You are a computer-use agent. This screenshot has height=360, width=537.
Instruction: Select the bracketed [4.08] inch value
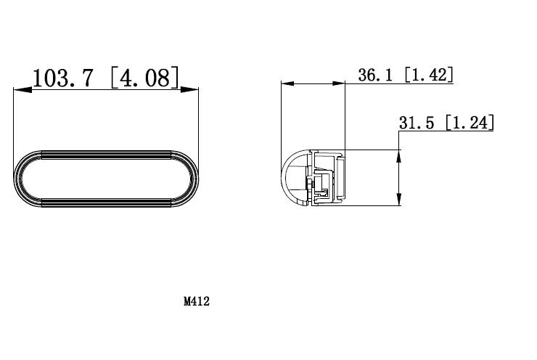click(144, 78)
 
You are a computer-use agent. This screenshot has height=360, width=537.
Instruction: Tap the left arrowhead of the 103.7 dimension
click(19, 90)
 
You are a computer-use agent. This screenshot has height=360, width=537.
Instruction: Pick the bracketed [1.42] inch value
click(428, 75)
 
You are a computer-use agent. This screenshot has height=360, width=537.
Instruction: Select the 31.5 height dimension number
click(417, 123)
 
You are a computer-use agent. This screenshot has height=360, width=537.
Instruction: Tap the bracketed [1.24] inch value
click(469, 123)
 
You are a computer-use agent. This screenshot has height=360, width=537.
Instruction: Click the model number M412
click(196, 301)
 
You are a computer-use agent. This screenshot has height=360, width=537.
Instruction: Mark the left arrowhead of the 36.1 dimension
click(286, 83)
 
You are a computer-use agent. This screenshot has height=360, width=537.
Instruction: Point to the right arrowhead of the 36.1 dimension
click(340, 83)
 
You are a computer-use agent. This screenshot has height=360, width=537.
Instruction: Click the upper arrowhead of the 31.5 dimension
click(399, 154)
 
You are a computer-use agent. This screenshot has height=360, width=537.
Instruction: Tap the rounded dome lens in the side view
click(293, 178)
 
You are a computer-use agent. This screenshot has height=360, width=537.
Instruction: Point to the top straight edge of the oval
click(107, 150)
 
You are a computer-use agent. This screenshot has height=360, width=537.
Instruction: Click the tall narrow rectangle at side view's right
click(340, 178)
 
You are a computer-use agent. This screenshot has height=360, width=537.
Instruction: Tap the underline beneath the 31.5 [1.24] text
click(446, 131)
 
